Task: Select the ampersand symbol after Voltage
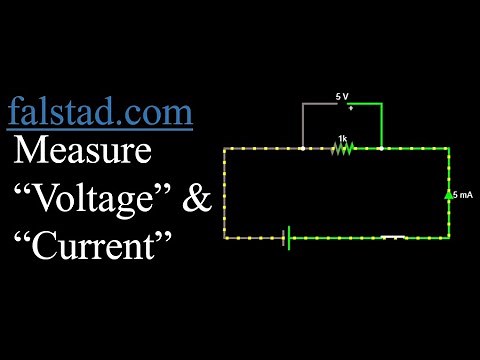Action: [x=198, y=199]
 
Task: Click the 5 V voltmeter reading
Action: [x=341, y=97]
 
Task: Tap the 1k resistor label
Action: [x=342, y=138]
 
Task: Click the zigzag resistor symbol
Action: [x=343, y=148]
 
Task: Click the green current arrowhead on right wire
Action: [x=448, y=193]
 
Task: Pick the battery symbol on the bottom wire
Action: [x=288, y=238]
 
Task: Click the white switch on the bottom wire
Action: [x=393, y=237]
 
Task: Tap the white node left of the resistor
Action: [x=303, y=148]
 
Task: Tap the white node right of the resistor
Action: [x=382, y=148]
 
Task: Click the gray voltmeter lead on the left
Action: [x=303, y=124]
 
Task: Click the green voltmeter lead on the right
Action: [x=382, y=124]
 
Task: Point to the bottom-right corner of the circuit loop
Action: [x=448, y=238]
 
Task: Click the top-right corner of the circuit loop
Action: [x=448, y=148]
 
